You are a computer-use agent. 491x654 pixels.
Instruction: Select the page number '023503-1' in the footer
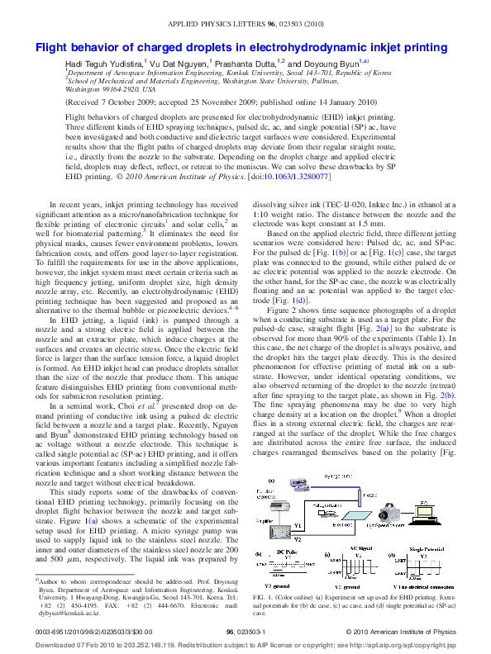coord(245,632)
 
